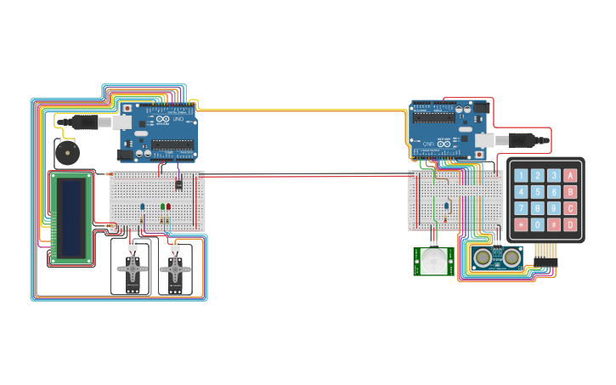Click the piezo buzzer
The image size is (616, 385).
click(x=65, y=154)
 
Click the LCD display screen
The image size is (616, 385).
click(x=71, y=218)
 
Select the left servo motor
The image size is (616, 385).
click(x=132, y=270)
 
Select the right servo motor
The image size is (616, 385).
click(x=176, y=270)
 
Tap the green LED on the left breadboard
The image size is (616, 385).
click(x=161, y=207)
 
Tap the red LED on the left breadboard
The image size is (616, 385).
click(x=169, y=207)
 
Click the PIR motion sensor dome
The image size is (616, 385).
click(x=435, y=260)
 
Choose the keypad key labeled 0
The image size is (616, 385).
click(x=538, y=224)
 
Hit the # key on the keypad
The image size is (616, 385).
click(x=554, y=224)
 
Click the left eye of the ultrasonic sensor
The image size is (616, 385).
click(x=483, y=256)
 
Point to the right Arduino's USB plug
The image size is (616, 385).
click(x=518, y=138)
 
